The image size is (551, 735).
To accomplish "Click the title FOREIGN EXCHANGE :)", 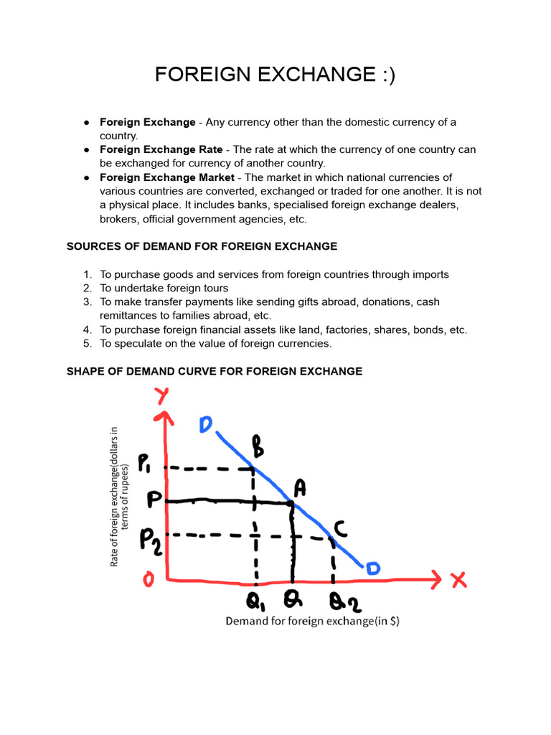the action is [275, 74].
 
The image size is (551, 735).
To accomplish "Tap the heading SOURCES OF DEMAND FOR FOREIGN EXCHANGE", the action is [202, 246].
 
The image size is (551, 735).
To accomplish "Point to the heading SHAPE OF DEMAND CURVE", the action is [215, 371].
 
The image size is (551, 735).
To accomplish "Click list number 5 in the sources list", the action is [88, 344].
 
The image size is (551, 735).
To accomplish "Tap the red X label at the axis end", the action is [459, 579].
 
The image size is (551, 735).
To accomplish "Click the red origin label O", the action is [148, 579].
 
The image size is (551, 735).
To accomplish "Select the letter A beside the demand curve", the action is [300, 488].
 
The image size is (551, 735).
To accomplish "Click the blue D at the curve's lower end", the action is [373, 568].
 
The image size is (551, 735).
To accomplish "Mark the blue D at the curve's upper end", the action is [206, 425].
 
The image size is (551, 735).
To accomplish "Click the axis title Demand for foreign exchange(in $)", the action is [312, 622].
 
